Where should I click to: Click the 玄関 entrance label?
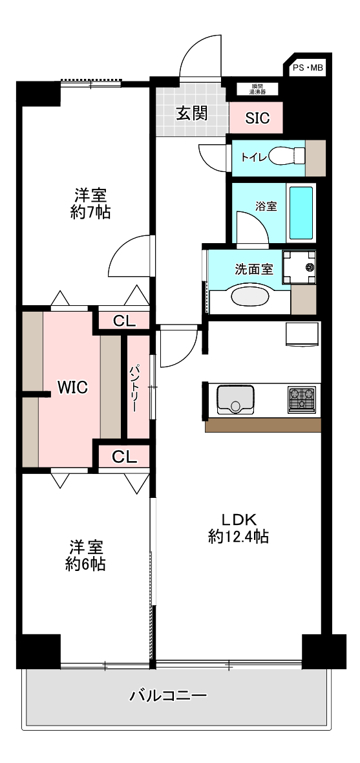[x=192, y=114]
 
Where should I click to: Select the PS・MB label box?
[x=308, y=67]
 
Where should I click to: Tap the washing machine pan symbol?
[x=299, y=267]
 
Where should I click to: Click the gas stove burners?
[x=301, y=399]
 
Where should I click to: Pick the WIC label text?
[x=72, y=388]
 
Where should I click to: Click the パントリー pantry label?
[x=136, y=389]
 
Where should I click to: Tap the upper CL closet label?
[x=124, y=320]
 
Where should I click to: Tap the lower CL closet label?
[x=124, y=457]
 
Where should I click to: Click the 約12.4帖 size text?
[x=239, y=536]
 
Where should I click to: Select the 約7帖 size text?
[x=90, y=212]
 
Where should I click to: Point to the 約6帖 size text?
[x=85, y=564]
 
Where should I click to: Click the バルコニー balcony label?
[x=168, y=696]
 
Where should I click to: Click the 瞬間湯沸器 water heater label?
[x=258, y=90]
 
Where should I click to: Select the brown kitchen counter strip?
[x=263, y=425]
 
